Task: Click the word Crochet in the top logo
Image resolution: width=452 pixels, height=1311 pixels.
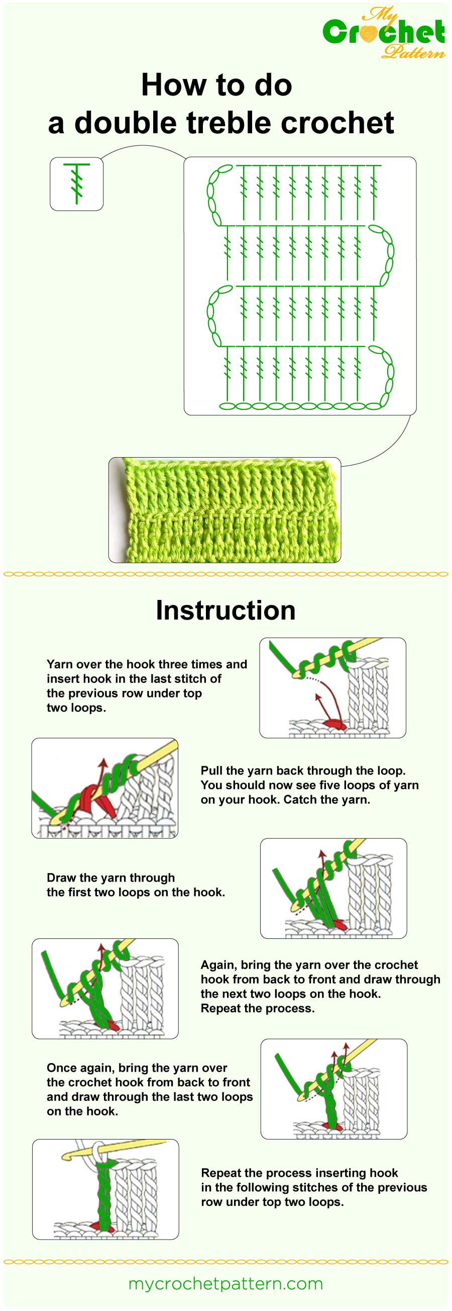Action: point(384,33)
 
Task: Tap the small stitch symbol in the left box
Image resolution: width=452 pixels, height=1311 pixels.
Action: point(77,184)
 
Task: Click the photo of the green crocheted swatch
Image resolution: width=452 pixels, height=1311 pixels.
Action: point(224,510)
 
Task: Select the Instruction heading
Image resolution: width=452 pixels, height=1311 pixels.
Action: point(225,610)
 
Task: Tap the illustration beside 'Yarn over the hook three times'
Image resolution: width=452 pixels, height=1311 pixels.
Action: point(332,687)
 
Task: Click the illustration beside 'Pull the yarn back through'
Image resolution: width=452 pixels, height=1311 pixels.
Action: point(105,788)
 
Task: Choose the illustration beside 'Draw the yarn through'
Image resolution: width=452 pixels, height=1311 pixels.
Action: point(333,888)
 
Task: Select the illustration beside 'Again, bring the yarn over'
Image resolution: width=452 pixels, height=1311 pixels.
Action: point(105,988)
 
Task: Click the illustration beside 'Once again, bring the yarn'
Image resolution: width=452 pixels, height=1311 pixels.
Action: point(333,1089)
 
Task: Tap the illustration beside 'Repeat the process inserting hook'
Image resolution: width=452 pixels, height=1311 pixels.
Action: point(105,1189)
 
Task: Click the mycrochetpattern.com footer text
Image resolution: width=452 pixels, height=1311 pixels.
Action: point(225,1283)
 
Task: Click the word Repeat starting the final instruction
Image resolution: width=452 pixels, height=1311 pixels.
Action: point(221,1173)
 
